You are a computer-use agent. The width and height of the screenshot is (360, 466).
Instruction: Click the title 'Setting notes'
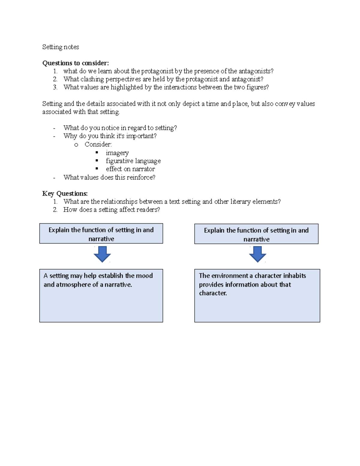click(61, 47)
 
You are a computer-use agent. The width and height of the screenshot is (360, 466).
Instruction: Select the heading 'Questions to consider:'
click(76, 63)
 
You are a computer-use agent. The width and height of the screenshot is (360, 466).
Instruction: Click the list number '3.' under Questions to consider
click(55, 87)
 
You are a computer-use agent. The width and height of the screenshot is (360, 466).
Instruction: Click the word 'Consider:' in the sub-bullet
click(98, 144)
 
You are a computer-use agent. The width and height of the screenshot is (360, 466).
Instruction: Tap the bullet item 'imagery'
click(117, 153)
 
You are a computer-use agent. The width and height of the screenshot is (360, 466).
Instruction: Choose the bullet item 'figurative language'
click(133, 161)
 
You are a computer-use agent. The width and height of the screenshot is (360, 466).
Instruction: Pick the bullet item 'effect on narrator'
click(130, 169)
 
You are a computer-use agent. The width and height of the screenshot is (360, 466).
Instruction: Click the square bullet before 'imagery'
click(97, 152)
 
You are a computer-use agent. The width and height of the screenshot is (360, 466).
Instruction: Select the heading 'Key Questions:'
click(65, 194)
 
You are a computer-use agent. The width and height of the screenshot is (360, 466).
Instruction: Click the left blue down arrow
click(102, 254)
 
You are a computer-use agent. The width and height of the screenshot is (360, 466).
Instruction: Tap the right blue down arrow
click(257, 254)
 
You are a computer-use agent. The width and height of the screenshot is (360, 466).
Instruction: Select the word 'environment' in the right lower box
click(230, 276)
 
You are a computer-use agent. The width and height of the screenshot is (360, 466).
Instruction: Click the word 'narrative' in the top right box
click(256, 239)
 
